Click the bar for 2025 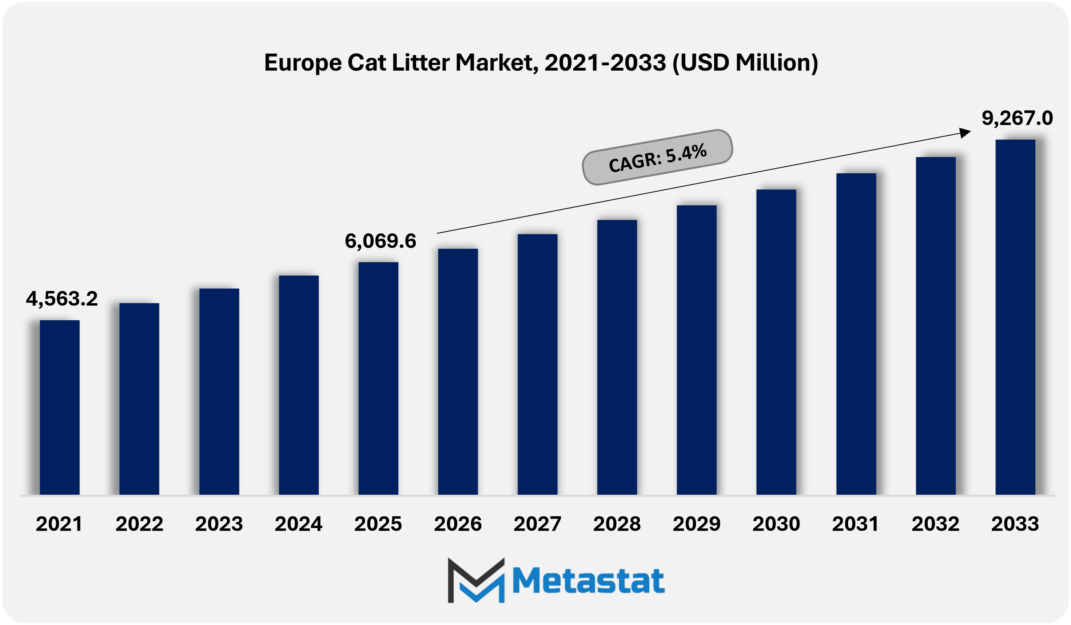point(378,378)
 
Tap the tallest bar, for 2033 point(1015,317)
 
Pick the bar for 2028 point(617,357)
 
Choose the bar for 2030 point(776,342)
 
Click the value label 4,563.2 point(62,299)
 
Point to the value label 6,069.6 point(380,241)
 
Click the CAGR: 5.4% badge point(657,157)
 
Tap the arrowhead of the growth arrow point(965,133)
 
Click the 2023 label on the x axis point(219,524)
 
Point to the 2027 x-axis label point(537,524)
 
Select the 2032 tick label point(935,524)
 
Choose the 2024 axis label point(298,524)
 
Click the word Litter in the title point(421,63)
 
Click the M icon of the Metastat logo point(476,581)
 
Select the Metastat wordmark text point(588,581)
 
